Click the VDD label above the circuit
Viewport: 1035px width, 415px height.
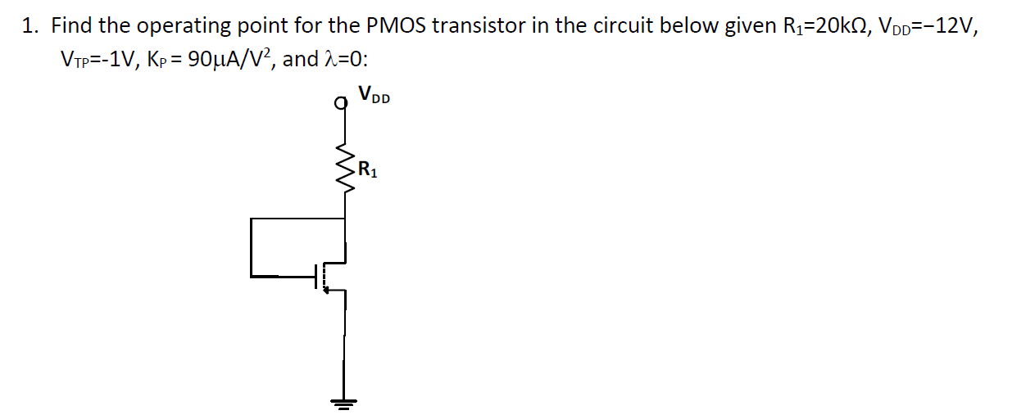point(375,97)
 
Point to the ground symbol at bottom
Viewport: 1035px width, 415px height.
point(344,401)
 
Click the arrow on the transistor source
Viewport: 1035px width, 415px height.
point(328,289)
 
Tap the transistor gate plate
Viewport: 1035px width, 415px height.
point(316,277)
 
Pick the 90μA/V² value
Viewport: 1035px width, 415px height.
point(234,59)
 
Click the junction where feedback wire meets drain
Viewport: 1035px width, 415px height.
point(344,219)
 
